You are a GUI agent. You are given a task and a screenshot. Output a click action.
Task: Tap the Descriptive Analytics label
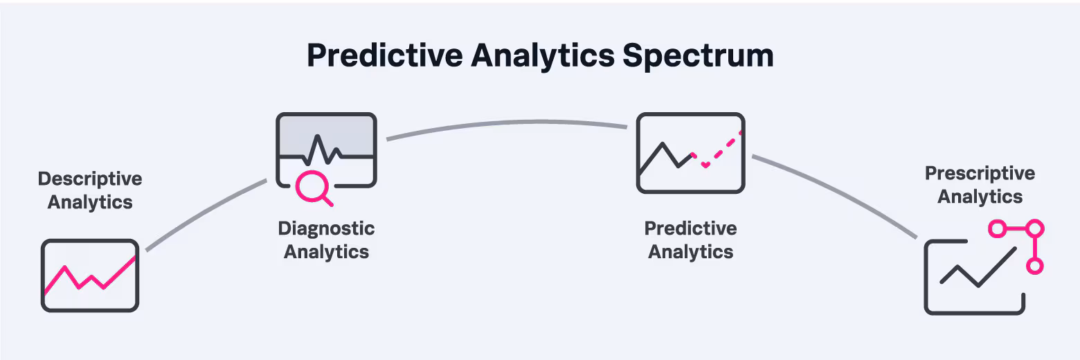coord(90,190)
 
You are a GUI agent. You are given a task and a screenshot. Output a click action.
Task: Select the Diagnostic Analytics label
coord(326,240)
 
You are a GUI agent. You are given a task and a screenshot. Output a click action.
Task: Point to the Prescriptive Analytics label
coord(980,185)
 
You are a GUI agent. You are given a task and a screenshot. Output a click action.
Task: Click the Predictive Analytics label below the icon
coord(690,240)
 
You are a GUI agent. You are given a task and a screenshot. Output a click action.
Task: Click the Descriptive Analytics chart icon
coord(90,276)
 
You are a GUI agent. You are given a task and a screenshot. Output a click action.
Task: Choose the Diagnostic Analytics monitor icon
coord(326,149)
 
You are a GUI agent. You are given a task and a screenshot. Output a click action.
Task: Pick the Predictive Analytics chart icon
coord(690,152)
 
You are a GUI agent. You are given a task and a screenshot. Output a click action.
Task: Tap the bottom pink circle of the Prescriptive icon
coord(1034,265)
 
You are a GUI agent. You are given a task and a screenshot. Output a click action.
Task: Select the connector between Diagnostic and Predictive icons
coord(505,125)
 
